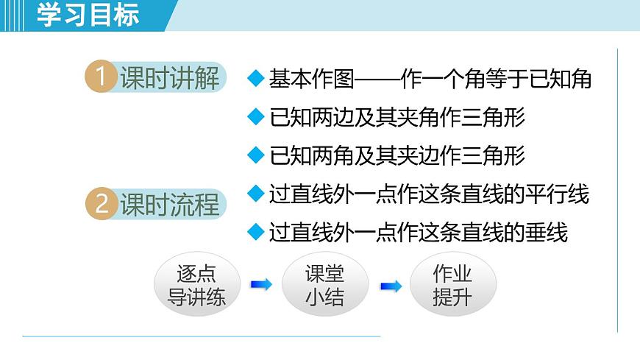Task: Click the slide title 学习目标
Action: (88, 15)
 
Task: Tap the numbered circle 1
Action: (101, 78)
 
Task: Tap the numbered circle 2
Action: (101, 204)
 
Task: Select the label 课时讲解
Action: (170, 78)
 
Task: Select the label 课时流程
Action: (170, 204)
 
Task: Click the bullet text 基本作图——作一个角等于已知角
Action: (430, 79)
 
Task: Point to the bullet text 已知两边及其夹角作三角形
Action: (397, 117)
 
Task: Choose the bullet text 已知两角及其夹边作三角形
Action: (397, 155)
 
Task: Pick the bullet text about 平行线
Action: (429, 194)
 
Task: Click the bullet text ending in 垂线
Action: (419, 233)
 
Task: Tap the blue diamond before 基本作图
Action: (255, 79)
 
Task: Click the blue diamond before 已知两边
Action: (255, 117)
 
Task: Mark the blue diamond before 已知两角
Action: (255, 155)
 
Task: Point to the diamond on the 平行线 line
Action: (255, 194)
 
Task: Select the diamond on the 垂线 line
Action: (255, 233)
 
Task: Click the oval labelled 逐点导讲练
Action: (196, 285)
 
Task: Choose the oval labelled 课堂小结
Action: (324, 285)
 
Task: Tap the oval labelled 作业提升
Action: (452, 285)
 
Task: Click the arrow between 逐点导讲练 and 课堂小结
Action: (261, 284)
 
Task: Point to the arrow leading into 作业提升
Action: (391, 286)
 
